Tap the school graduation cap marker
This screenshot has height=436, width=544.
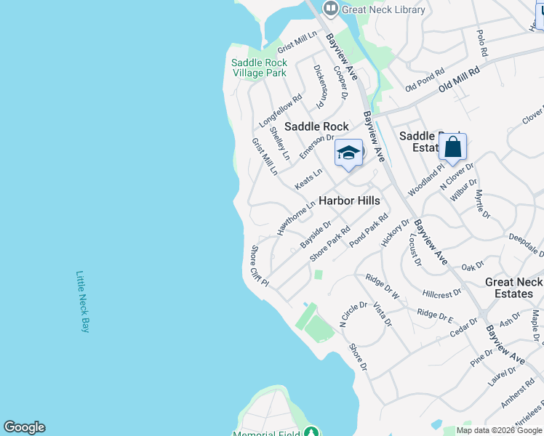tap(348, 153)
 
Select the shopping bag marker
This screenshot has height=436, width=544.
tap(452, 147)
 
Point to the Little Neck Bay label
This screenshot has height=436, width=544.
tap(82, 302)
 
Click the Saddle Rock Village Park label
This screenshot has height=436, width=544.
tap(259, 68)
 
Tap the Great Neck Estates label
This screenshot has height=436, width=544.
tap(513, 288)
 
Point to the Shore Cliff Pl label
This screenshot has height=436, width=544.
tap(260, 265)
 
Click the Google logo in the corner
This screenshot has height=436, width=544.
tap(24, 427)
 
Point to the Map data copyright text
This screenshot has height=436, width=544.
tap(500, 430)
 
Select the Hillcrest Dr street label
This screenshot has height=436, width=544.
tap(441, 293)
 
